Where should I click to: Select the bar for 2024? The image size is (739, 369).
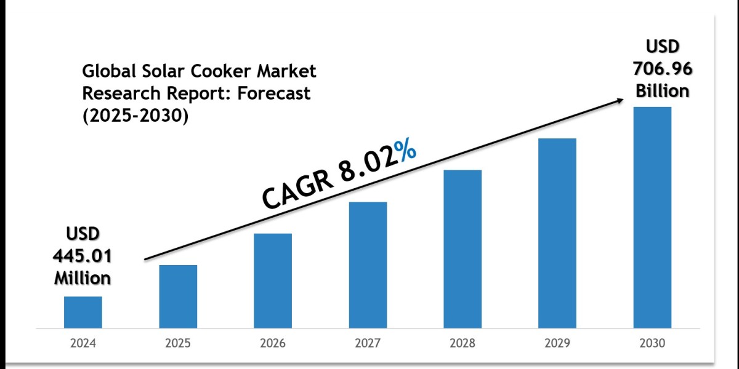click(x=83, y=312)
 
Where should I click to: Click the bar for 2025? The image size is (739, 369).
click(x=178, y=296)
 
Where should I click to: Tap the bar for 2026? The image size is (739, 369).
click(x=273, y=280)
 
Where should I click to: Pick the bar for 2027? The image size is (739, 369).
click(x=368, y=264)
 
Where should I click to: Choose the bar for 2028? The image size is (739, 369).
click(x=462, y=248)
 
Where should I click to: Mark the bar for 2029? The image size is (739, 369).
click(x=557, y=232)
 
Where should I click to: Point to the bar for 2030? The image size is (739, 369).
click(x=652, y=217)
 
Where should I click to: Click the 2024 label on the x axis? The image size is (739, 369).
click(x=83, y=343)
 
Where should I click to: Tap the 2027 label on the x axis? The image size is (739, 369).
click(x=368, y=343)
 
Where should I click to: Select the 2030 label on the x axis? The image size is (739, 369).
click(x=652, y=343)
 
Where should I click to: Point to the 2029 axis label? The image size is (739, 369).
click(x=557, y=343)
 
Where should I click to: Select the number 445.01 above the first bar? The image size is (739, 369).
click(x=83, y=256)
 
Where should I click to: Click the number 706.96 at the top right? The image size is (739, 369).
click(x=662, y=69)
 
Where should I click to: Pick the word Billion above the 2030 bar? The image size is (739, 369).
click(x=662, y=90)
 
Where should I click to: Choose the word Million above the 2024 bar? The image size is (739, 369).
click(x=83, y=277)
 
